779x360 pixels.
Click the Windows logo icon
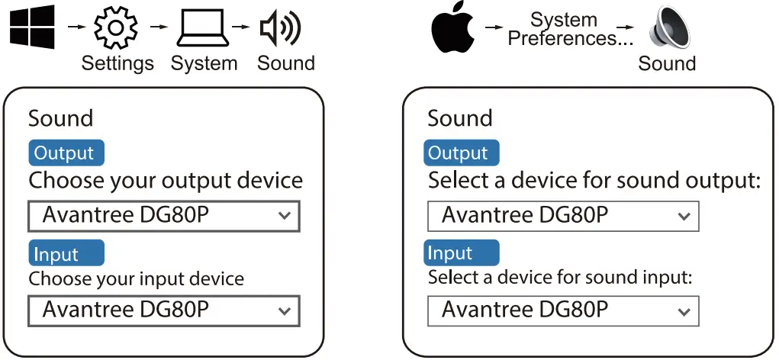(33, 28)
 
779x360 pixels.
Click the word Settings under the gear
(117, 63)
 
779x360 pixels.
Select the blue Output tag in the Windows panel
(65, 153)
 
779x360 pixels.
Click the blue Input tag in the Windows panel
(65, 253)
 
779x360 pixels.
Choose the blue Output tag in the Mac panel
(460, 153)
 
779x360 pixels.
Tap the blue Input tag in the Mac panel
(460, 252)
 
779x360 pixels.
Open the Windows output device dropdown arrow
(285, 216)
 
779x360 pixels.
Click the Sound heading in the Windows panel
(60, 118)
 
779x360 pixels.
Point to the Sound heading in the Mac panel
(460, 118)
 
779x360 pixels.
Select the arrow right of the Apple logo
(494, 28)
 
